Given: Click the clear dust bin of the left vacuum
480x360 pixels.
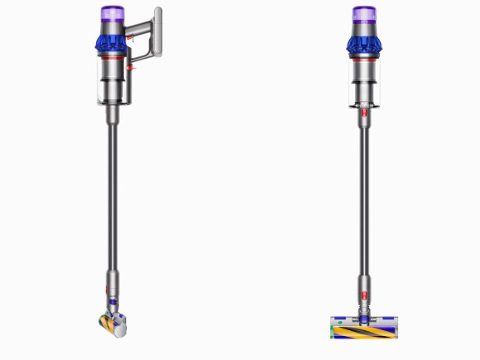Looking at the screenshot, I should [x=113, y=87].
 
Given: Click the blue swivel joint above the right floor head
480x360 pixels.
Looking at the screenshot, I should [x=363, y=314].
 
